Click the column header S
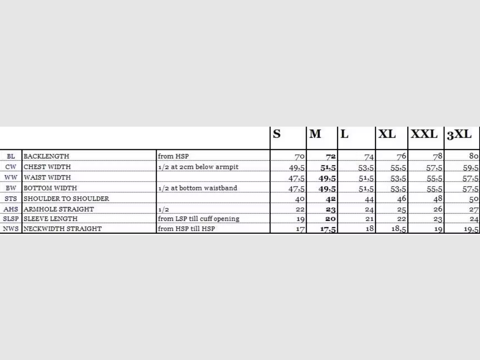[277, 134]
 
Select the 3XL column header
[459, 135]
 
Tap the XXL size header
[424, 134]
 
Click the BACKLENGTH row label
[46, 156]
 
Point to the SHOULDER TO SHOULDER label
[66, 199]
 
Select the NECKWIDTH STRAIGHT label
[62, 229]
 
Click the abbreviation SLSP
[11, 219]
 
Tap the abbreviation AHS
[11, 209]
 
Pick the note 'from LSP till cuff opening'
[199, 219]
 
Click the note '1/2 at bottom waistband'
[198, 188]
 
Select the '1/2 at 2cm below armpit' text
[198, 167]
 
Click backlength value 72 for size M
[331, 157]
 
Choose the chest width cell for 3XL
[470, 168]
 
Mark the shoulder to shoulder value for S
[299, 199]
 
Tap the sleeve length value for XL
[401, 219]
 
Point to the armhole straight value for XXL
[438, 209]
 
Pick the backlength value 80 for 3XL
[473, 157]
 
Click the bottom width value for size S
[297, 189]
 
